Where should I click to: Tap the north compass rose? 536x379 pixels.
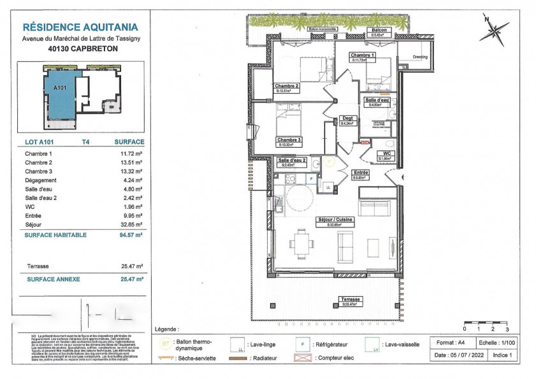pyautogui.click(x=495, y=29)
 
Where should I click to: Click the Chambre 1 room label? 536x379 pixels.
pyautogui.click(x=362, y=55)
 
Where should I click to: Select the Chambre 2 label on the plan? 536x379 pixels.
pyautogui.click(x=287, y=86)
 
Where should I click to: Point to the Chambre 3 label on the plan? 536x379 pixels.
pyautogui.click(x=288, y=139)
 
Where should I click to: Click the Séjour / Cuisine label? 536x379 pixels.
pyautogui.click(x=335, y=220)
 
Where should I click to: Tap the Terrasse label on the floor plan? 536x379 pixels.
pyautogui.click(x=351, y=299)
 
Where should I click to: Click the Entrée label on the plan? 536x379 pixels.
pyautogui.click(x=361, y=173)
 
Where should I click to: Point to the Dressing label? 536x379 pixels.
pyautogui.click(x=420, y=57)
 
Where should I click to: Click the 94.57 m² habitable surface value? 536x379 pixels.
pyautogui.click(x=131, y=234)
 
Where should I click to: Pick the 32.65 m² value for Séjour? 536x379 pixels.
pyautogui.click(x=132, y=225)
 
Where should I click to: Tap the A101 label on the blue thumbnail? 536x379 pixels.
pyautogui.click(x=61, y=88)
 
